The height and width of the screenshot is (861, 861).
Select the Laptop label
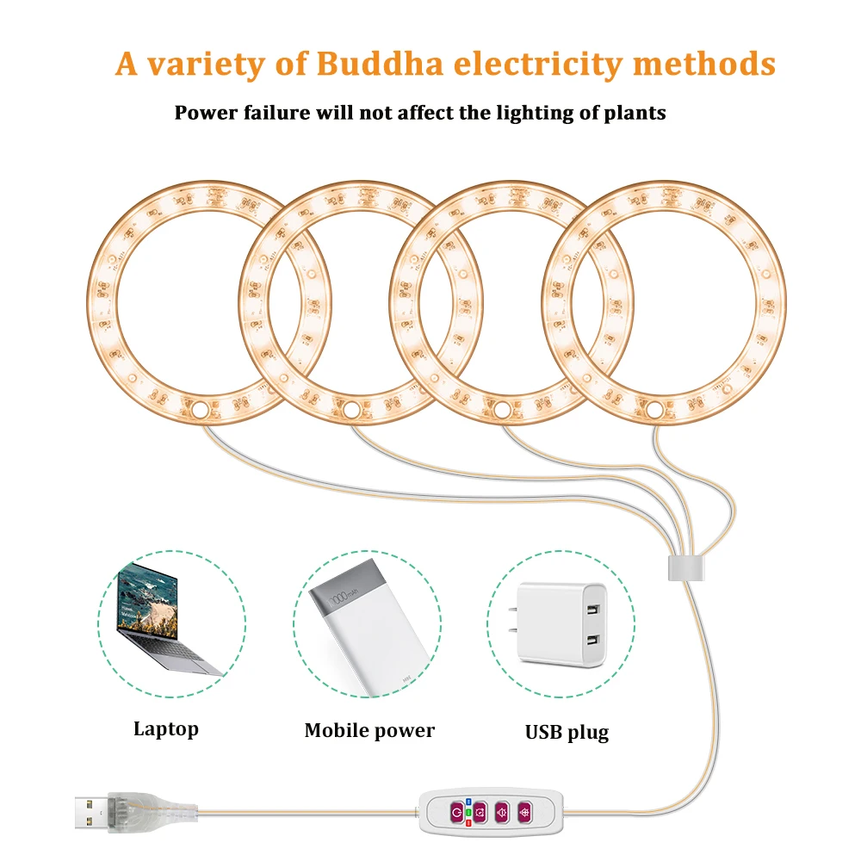point(165,729)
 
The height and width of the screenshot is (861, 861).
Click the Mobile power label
point(369,731)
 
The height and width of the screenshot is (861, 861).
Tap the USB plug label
point(567,733)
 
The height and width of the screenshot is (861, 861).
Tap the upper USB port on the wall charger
point(592,612)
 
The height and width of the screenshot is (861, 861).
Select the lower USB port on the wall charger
point(592,641)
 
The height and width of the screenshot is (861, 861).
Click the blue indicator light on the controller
point(468,802)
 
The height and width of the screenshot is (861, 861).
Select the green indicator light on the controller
point(468,812)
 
